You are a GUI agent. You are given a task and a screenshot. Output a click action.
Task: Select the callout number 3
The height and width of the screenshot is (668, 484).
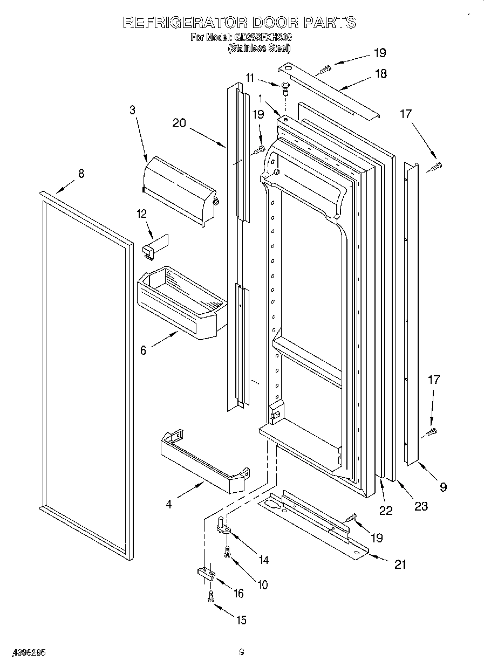click(132, 111)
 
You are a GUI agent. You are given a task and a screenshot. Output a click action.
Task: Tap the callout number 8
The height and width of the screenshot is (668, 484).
click(81, 174)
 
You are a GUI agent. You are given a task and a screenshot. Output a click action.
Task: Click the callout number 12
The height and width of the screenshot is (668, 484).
click(142, 214)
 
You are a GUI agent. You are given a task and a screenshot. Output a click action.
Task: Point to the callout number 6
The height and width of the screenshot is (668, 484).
click(143, 350)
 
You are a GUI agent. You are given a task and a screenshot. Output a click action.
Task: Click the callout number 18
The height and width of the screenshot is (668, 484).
click(381, 74)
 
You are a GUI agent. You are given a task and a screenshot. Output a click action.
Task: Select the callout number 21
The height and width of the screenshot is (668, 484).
click(400, 564)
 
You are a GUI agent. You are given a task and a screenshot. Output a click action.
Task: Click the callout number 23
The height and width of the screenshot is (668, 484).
click(420, 506)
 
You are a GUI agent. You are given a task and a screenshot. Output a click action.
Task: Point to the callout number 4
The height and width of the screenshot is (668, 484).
click(169, 505)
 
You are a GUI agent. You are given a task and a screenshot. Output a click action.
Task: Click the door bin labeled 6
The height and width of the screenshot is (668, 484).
click(181, 302)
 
